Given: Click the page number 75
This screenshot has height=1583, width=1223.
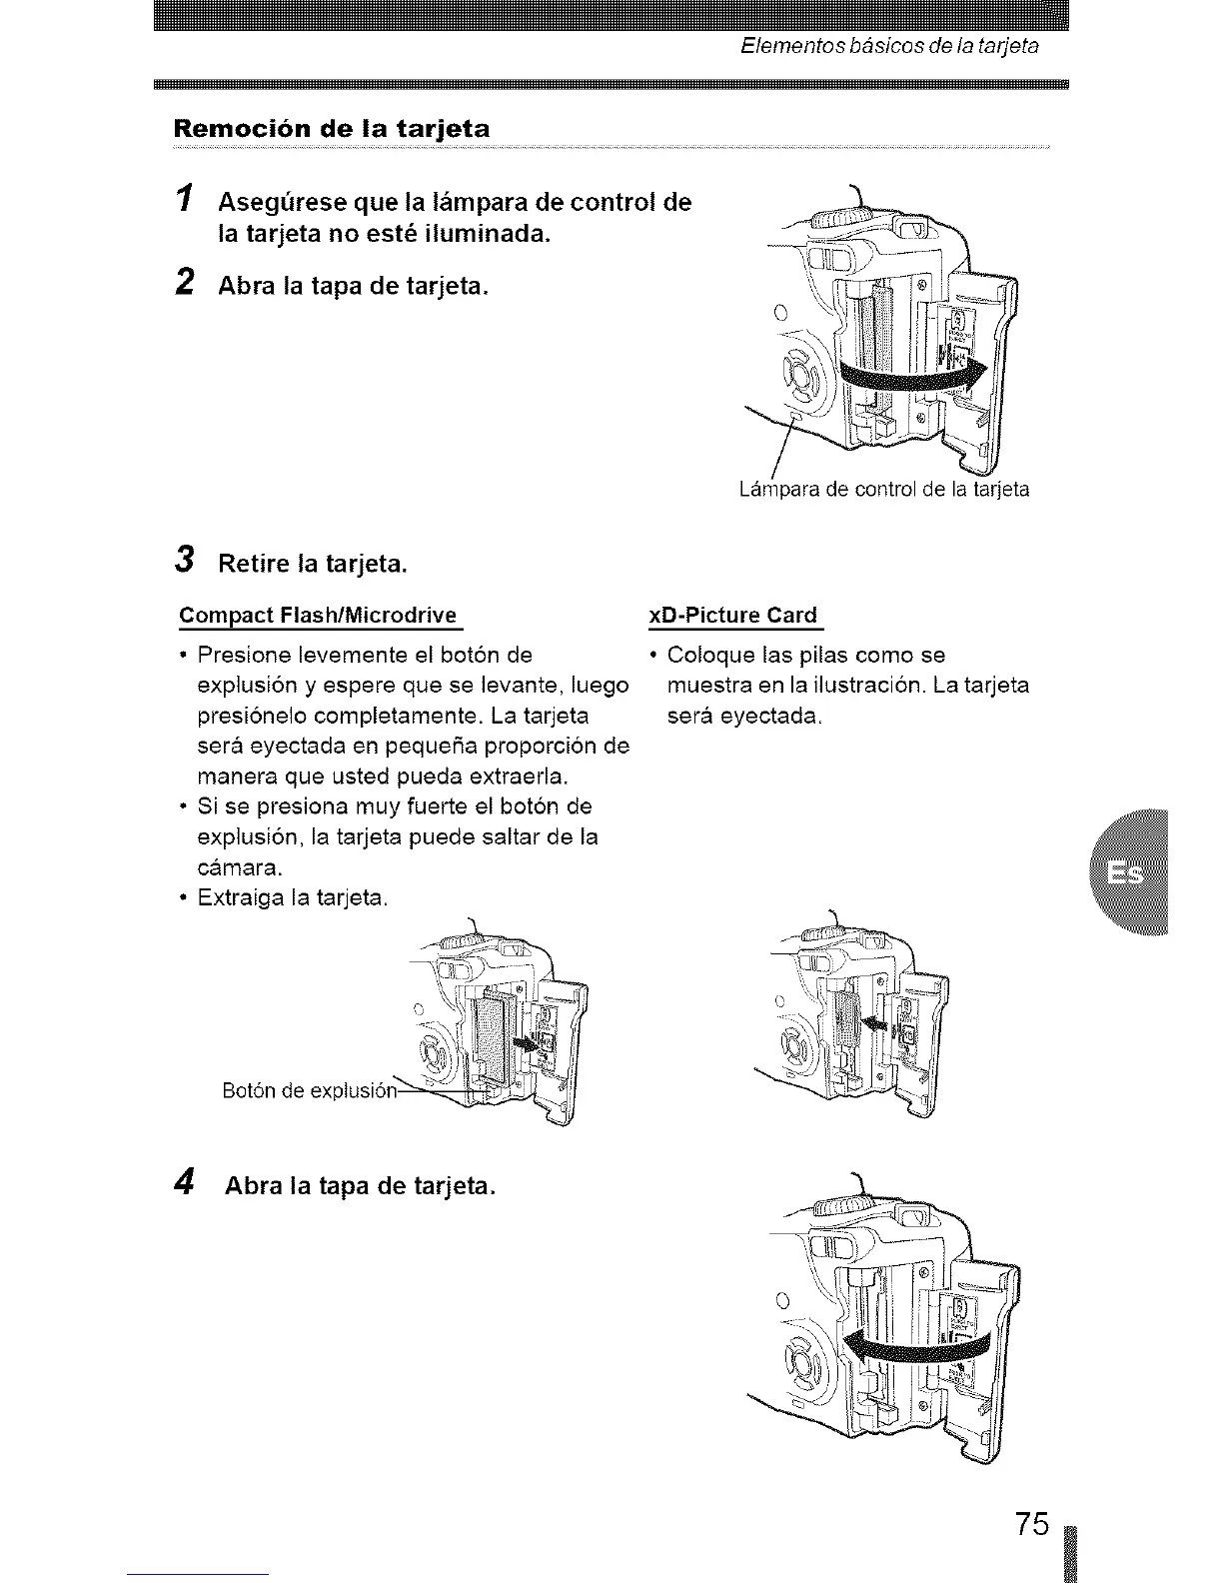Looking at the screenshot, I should [1032, 1525].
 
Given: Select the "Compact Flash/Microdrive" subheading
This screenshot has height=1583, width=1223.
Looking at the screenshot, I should [318, 615].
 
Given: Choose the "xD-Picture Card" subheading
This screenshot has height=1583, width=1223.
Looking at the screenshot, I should [732, 615].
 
